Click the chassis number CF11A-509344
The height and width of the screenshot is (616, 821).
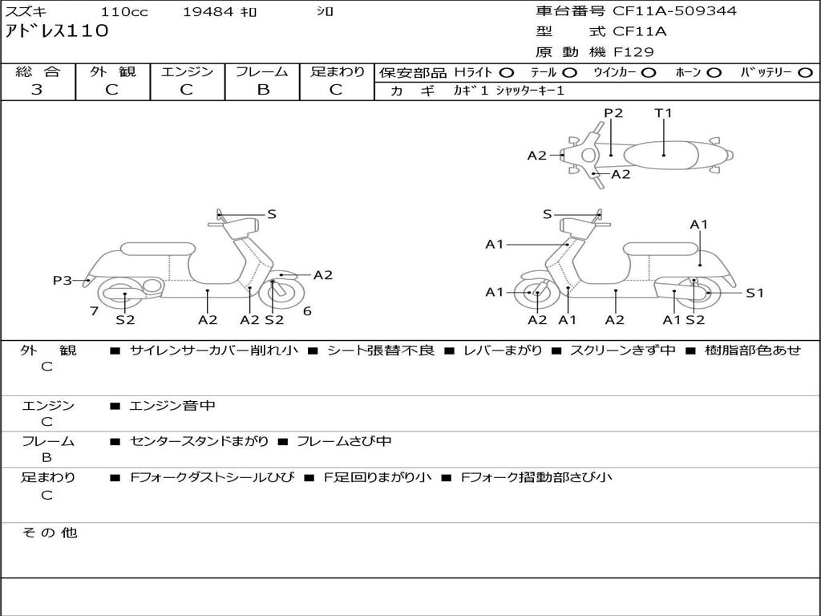point(674,11)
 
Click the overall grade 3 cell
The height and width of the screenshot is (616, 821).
point(37,89)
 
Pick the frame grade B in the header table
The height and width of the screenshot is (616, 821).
point(262,89)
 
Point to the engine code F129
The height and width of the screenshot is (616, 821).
point(633,52)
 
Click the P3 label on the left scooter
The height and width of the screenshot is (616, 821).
point(63,280)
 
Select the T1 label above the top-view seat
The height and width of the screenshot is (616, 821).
point(663,113)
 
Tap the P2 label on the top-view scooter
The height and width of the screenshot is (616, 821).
point(613,113)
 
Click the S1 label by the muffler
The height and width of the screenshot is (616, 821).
point(754,293)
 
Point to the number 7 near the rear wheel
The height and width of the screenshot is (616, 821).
point(94,310)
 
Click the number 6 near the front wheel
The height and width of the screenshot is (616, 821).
point(307,310)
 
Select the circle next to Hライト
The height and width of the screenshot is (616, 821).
point(506,72)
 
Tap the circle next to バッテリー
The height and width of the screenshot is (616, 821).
point(806,72)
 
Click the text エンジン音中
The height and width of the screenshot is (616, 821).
point(172,406)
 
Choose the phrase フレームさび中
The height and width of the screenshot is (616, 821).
point(344,441)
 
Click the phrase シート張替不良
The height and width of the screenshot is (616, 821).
point(381,351)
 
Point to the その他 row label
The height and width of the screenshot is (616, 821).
point(49,533)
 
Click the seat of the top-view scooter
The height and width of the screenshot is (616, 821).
point(665,153)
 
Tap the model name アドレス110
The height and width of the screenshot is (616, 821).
point(57,32)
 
